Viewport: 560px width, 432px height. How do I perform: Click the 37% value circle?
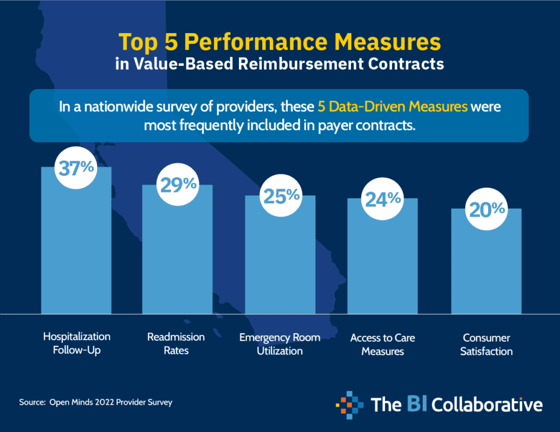[x=76, y=167]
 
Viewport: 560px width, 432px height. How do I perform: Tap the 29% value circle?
[x=178, y=185]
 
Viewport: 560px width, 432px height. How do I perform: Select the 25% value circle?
[x=281, y=196]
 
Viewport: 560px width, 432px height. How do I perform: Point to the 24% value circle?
[x=383, y=199]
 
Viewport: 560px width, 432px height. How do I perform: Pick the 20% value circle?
[x=486, y=209]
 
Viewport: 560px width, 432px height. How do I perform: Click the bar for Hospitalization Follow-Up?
[x=76, y=251]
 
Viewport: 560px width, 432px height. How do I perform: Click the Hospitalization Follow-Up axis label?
[x=77, y=343]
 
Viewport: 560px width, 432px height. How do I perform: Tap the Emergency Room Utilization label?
[x=279, y=344]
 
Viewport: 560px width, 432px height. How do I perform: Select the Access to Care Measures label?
[x=383, y=344]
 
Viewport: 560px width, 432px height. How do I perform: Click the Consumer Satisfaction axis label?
[x=486, y=345]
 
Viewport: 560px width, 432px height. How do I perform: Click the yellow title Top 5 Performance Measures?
[x=279, y=42]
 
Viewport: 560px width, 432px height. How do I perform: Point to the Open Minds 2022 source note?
[x=95, y=402]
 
